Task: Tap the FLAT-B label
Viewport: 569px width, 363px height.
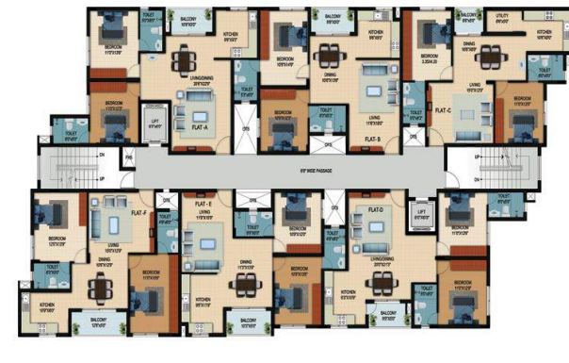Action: click(371, 139)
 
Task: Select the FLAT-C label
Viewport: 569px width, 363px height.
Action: click(443, 110)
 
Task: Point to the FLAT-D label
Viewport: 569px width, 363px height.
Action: click(374, 208)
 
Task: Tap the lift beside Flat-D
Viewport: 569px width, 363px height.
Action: click(422, 215)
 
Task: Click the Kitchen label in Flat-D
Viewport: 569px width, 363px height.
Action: click(348, 296)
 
